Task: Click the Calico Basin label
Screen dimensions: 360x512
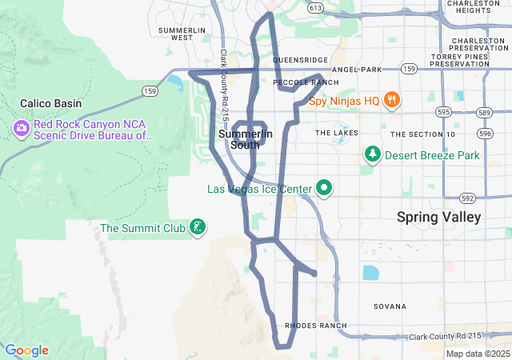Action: pos(50,104)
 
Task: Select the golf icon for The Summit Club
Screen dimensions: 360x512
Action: pos(197,228)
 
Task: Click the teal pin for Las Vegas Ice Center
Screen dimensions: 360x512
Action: pos(324,189)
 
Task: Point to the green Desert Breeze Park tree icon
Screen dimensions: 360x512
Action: pos(371,154)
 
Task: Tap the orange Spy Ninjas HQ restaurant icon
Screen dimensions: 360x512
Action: pos(391,101)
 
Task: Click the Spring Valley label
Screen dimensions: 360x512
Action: pos(439,217)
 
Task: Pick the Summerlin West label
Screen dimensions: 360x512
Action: pos(175,33)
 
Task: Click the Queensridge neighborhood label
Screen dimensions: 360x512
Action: pos(300,60)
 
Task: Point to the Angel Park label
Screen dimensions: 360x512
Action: pos(357,70)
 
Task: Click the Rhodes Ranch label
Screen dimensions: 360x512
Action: pos(316,326)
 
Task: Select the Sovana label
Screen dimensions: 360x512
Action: pos(390,306)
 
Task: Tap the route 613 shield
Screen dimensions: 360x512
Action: pos(315,8)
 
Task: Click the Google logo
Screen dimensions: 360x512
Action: pos(26,350)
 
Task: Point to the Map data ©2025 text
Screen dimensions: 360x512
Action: pos(477,354)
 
